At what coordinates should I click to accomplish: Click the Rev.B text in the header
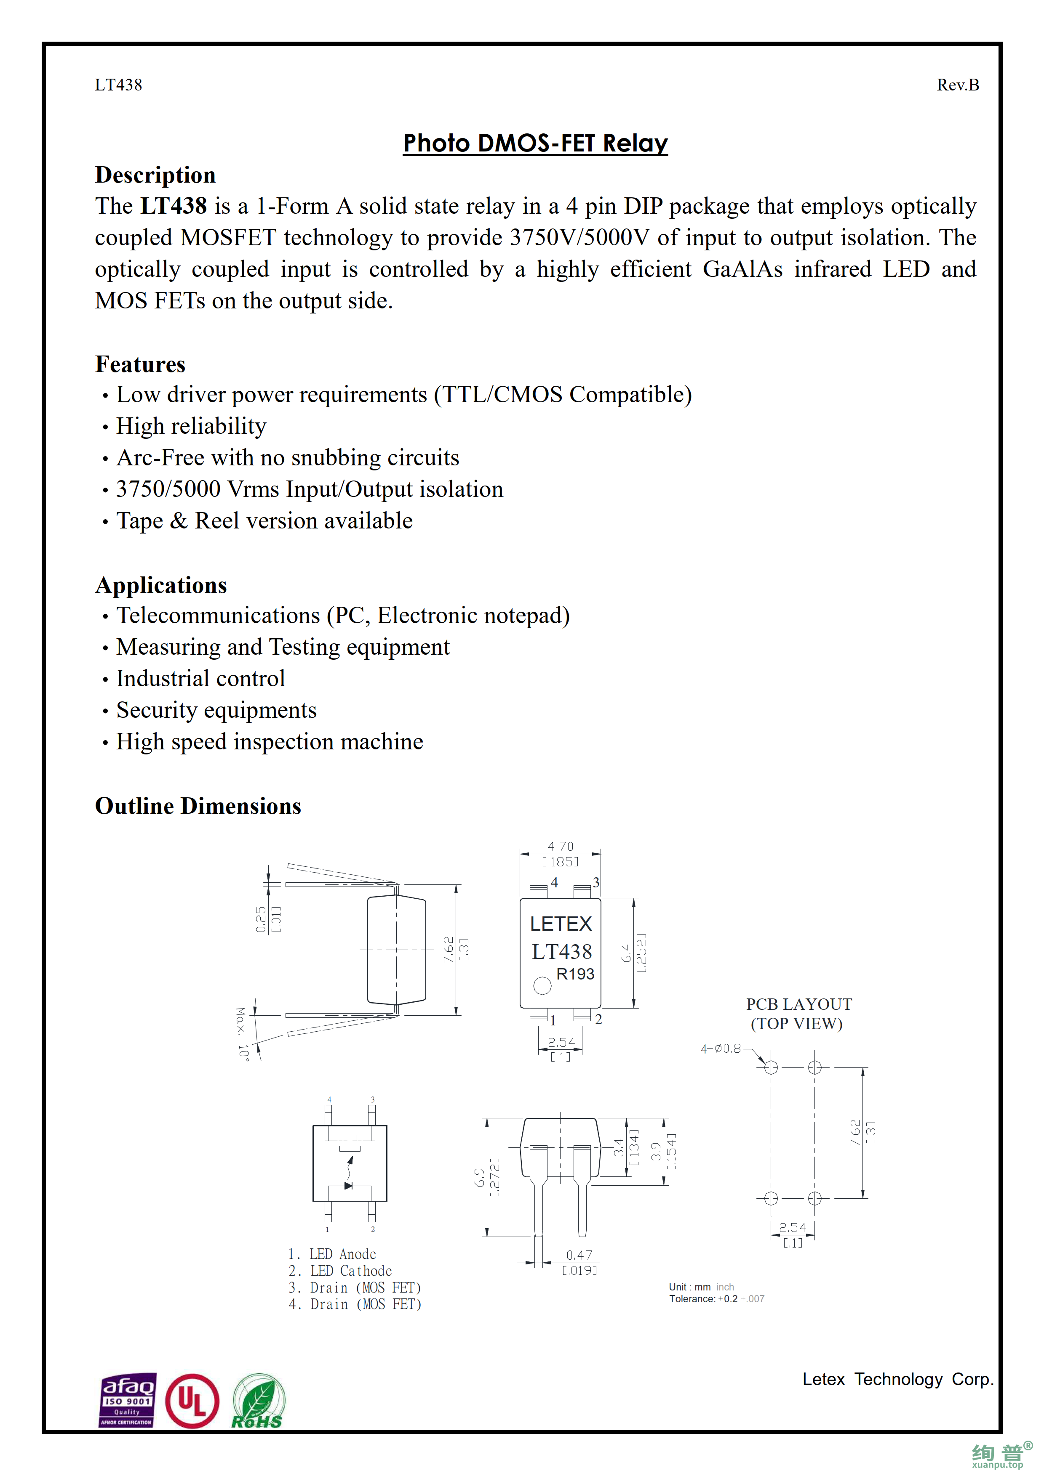point(957,85)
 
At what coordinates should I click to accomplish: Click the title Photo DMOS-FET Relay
point(535,143)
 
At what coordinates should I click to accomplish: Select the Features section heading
point(140,364)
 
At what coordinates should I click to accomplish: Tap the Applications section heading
point(161,585)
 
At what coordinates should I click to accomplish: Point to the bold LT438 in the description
point(174,206)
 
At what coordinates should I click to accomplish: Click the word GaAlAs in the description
point(742,269)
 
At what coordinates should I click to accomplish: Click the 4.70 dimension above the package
point(560,846)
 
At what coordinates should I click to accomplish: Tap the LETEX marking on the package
point(560,924)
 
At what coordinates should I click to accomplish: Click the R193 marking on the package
point(575,974)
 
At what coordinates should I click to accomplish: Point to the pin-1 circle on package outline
point(542,985)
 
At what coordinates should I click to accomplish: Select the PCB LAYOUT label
point(798,1004)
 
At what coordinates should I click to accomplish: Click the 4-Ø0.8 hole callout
point(721,1049)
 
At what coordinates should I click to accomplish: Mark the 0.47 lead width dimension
point(579,1255)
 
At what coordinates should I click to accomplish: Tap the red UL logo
point(192,1402)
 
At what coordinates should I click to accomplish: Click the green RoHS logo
point(258,1402)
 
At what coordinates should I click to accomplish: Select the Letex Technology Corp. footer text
point(897,1379)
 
